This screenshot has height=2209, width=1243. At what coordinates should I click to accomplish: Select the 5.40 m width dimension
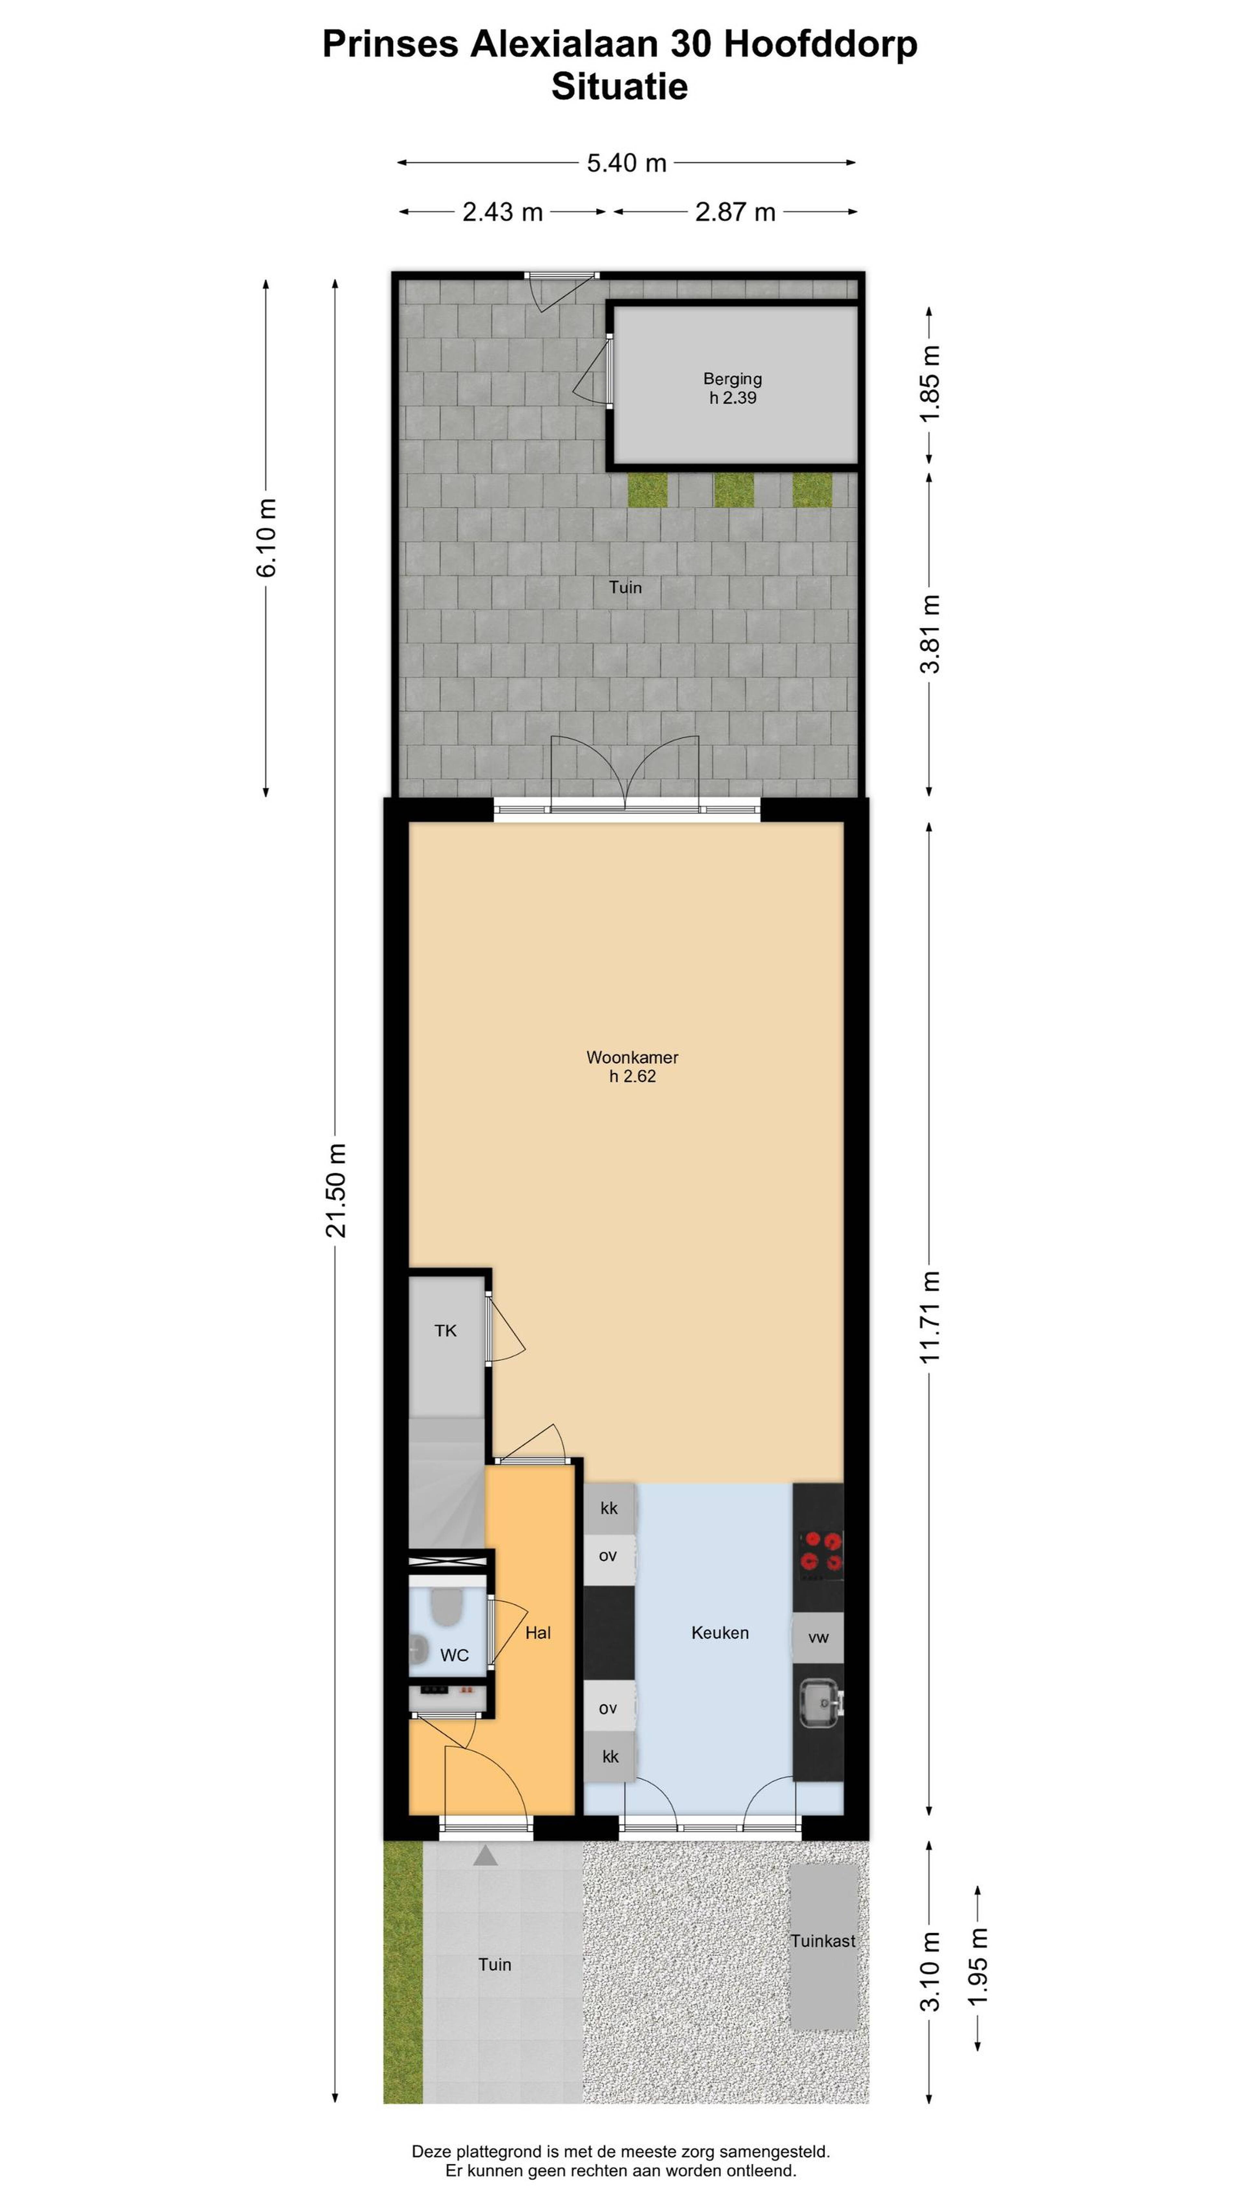(x=627, y=163)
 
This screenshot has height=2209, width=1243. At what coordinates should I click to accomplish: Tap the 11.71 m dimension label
(x=930, y=1317)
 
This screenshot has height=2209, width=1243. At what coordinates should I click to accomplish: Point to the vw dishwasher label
(x=819, y=1638)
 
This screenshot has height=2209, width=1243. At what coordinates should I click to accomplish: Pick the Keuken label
(x=720, y=1633)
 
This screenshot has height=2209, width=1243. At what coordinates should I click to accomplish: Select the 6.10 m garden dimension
(x=267, y=538)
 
